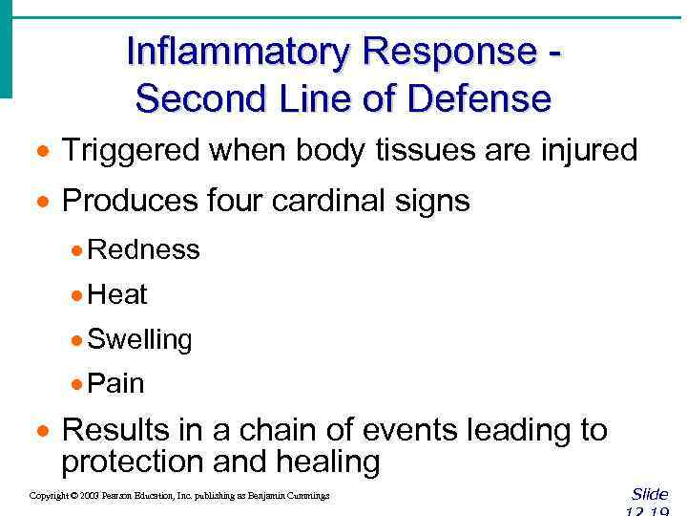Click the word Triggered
[x=130, y=150]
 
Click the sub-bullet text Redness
[x=143, y=250]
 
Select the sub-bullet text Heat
[x=116, y=294]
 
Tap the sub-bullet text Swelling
[x=139, y=339]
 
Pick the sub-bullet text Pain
[x=115, y=384]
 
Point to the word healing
[x=327, y=462]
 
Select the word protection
[x=133, y=462]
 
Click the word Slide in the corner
[x=650, y=494]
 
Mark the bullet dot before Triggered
[x=43, y=152]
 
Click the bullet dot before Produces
[x=43, y=203]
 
